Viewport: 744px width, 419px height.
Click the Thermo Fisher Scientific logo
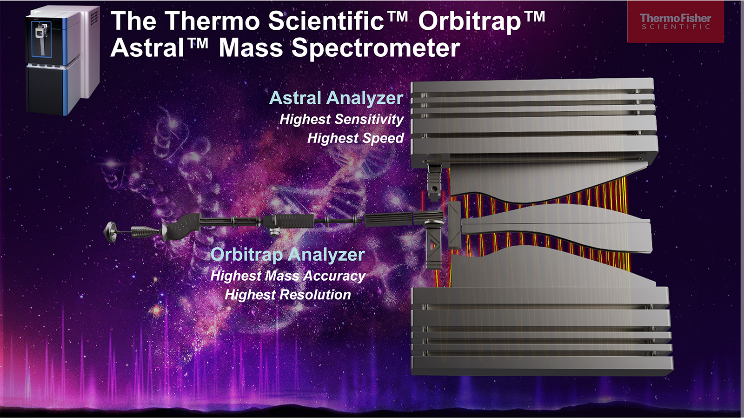675,21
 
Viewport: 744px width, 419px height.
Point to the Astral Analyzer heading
336,98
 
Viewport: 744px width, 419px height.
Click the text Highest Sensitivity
341,120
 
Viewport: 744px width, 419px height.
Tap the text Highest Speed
355,138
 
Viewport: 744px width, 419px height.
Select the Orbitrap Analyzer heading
287,254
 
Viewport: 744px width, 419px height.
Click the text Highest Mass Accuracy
288,276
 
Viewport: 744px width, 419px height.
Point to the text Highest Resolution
288,295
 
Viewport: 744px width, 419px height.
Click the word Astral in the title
147,48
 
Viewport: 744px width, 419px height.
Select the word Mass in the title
251,48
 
